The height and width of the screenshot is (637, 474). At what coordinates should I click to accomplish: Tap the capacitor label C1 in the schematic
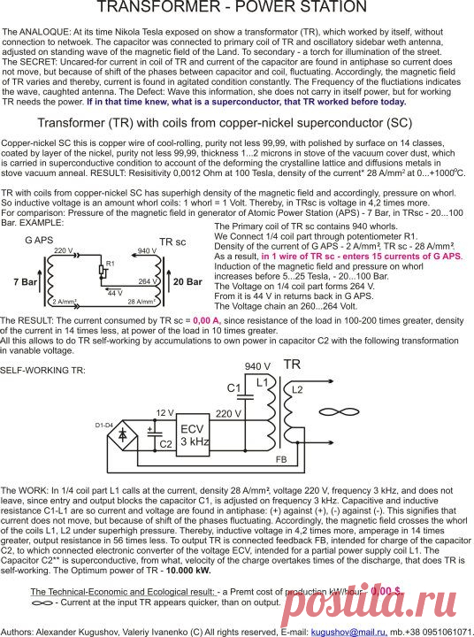233,388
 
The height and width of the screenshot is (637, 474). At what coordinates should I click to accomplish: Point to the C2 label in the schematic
165,442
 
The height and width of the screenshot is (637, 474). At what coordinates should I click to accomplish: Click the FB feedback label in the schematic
280,461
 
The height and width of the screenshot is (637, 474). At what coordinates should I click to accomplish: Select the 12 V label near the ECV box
165,412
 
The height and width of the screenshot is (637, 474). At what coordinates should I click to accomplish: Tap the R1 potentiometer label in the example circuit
111,264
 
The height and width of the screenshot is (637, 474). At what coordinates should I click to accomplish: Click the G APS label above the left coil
39,240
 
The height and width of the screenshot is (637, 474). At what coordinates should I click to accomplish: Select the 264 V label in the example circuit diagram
149,280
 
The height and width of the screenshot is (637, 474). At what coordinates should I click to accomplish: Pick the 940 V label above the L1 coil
256,365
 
